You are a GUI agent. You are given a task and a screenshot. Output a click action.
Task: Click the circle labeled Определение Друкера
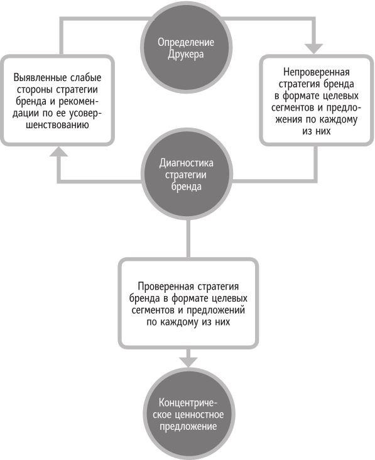186,48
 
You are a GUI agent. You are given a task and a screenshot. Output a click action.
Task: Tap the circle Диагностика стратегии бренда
187,174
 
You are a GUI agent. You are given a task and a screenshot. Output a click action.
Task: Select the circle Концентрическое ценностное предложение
188,414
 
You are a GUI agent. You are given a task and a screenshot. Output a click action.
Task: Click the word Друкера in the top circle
185,55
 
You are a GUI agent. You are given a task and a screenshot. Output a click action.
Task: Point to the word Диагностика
186,163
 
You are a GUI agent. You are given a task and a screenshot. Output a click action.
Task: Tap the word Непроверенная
317,72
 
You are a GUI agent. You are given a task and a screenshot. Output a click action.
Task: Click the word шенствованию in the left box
57,125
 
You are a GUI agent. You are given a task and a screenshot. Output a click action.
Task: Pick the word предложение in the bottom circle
188,426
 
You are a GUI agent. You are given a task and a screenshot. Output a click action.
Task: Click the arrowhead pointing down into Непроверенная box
313,48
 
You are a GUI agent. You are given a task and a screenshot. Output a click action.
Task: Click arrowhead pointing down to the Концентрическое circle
188,362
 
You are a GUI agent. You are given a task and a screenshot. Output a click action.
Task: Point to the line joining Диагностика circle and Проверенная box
188,239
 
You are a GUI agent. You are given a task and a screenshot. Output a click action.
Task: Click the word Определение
186,42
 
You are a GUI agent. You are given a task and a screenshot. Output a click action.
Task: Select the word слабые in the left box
86,78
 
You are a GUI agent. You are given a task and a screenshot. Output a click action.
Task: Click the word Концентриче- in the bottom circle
188,402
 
